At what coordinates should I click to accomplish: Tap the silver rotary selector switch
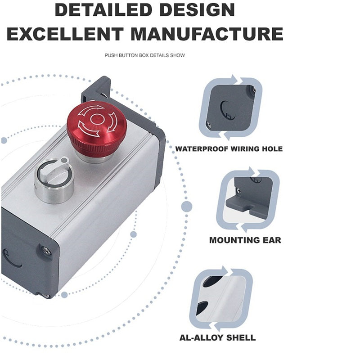(x=54, y=180)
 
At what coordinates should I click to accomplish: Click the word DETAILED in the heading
(x=103, y=9)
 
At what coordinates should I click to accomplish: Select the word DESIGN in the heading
(x=197, y=9)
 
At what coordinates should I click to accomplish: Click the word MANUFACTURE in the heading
(x=207, y=34)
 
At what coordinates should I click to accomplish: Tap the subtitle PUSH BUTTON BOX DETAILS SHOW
(x=145, y=55)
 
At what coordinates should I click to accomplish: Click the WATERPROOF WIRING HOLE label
(x=229, y=149)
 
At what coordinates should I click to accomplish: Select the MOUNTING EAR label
(x=245, y=240)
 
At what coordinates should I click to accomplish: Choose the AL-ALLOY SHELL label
(x=217, y=338)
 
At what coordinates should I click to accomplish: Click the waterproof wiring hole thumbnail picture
(x=231, y=107)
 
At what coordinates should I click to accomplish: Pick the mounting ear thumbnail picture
(x=248, y=200)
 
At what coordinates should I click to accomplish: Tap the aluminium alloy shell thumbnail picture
(x=221, y=298)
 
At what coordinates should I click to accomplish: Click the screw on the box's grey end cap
(x=46, y=251)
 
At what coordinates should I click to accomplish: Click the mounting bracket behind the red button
(x=96, y=89)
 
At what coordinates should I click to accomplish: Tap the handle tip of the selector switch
(x=65, y=159)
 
